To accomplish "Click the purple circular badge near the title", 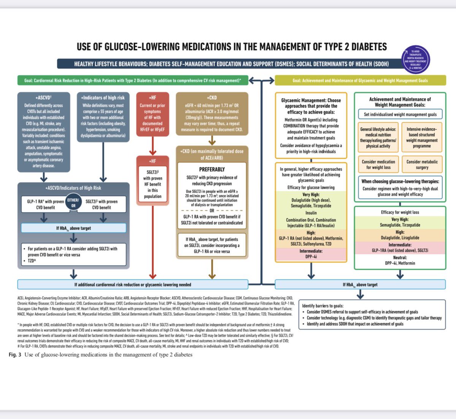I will point(416,59).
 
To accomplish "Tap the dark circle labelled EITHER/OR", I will point(73,203).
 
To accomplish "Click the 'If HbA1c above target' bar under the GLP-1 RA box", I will point(74,228).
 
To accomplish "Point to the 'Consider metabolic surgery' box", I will point(422,165).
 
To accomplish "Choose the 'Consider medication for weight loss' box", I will point(378,165).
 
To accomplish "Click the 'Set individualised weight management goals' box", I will point(400,114).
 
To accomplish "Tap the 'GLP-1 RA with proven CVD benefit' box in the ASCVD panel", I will point(43,205).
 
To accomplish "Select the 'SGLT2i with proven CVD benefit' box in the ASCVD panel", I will point(103,205).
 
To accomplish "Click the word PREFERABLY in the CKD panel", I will point(212,170).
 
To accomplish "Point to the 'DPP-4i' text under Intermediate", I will point(311,257).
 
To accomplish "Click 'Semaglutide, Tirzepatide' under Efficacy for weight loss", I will point(400,225).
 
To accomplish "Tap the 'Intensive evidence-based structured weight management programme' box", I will point(422,137).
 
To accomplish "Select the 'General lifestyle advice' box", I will point(378,137).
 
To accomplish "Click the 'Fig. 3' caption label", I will point(15,355).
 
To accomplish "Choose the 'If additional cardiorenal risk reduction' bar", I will point(133,284).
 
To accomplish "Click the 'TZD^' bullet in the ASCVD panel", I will point(32,261).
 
